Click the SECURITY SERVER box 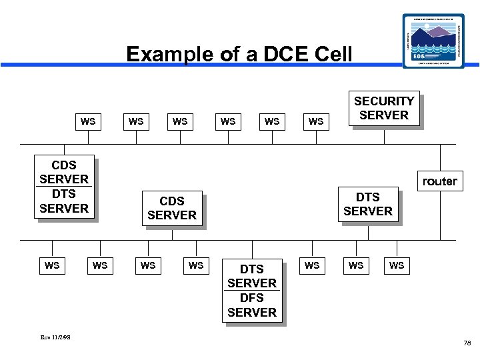[384, 108]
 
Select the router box [439, 181]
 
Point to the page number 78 [467, 343]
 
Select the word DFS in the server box [251, 298]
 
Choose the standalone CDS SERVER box [172, 208]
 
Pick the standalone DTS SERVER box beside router [368, 204]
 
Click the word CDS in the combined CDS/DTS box [64, 165]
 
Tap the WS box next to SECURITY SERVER [316, 121]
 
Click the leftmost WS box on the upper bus [87, 121]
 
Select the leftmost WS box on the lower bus [52, 265]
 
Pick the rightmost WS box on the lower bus [397, 265]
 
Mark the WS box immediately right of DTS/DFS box [311, 265]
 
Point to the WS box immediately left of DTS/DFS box [196, 265]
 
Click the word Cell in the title [327, 54]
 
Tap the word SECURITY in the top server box [384, 101]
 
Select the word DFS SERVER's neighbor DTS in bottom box [251, 269]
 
